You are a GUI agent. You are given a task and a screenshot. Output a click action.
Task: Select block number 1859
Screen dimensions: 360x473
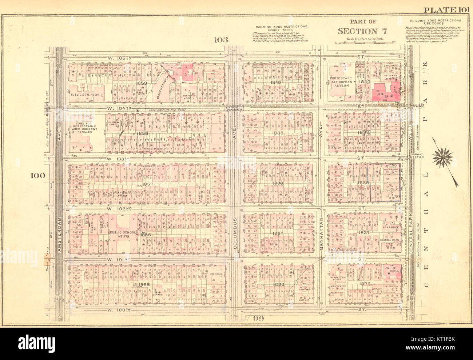[x=141, y=83]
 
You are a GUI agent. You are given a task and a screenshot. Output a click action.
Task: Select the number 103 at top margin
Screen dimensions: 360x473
[x=221, y=40]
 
